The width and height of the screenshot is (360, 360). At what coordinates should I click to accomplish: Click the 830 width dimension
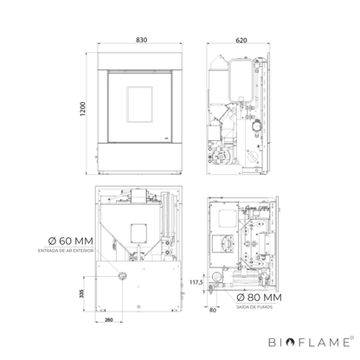coord(141,40)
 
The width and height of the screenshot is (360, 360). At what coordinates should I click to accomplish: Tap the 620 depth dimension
coord(241,41)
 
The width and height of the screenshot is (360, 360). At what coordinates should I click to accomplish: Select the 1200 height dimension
coord(83,109)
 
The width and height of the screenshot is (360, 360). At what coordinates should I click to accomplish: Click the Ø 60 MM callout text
coord(71,241)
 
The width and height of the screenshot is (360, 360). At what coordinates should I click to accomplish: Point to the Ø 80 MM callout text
coord(259,297)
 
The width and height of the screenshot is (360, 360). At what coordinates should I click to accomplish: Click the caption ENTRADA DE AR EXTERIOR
coord(66,251)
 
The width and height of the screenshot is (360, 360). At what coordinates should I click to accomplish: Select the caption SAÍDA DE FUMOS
coord(254,307)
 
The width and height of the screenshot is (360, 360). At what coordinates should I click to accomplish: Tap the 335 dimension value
coord(81,293)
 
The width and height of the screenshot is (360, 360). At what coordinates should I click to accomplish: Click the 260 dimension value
coord(109,319)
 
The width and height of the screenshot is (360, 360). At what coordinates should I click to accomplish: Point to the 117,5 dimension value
coord(196,282)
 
